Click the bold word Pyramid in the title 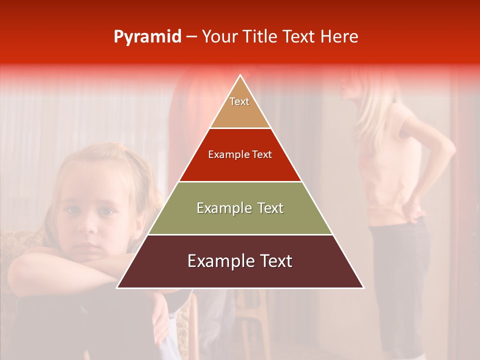click(147, 37)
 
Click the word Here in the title click(340, 37)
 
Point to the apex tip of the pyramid click(240, 76)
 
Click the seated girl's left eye click(106, 211)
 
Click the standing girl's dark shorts click(400, 260)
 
